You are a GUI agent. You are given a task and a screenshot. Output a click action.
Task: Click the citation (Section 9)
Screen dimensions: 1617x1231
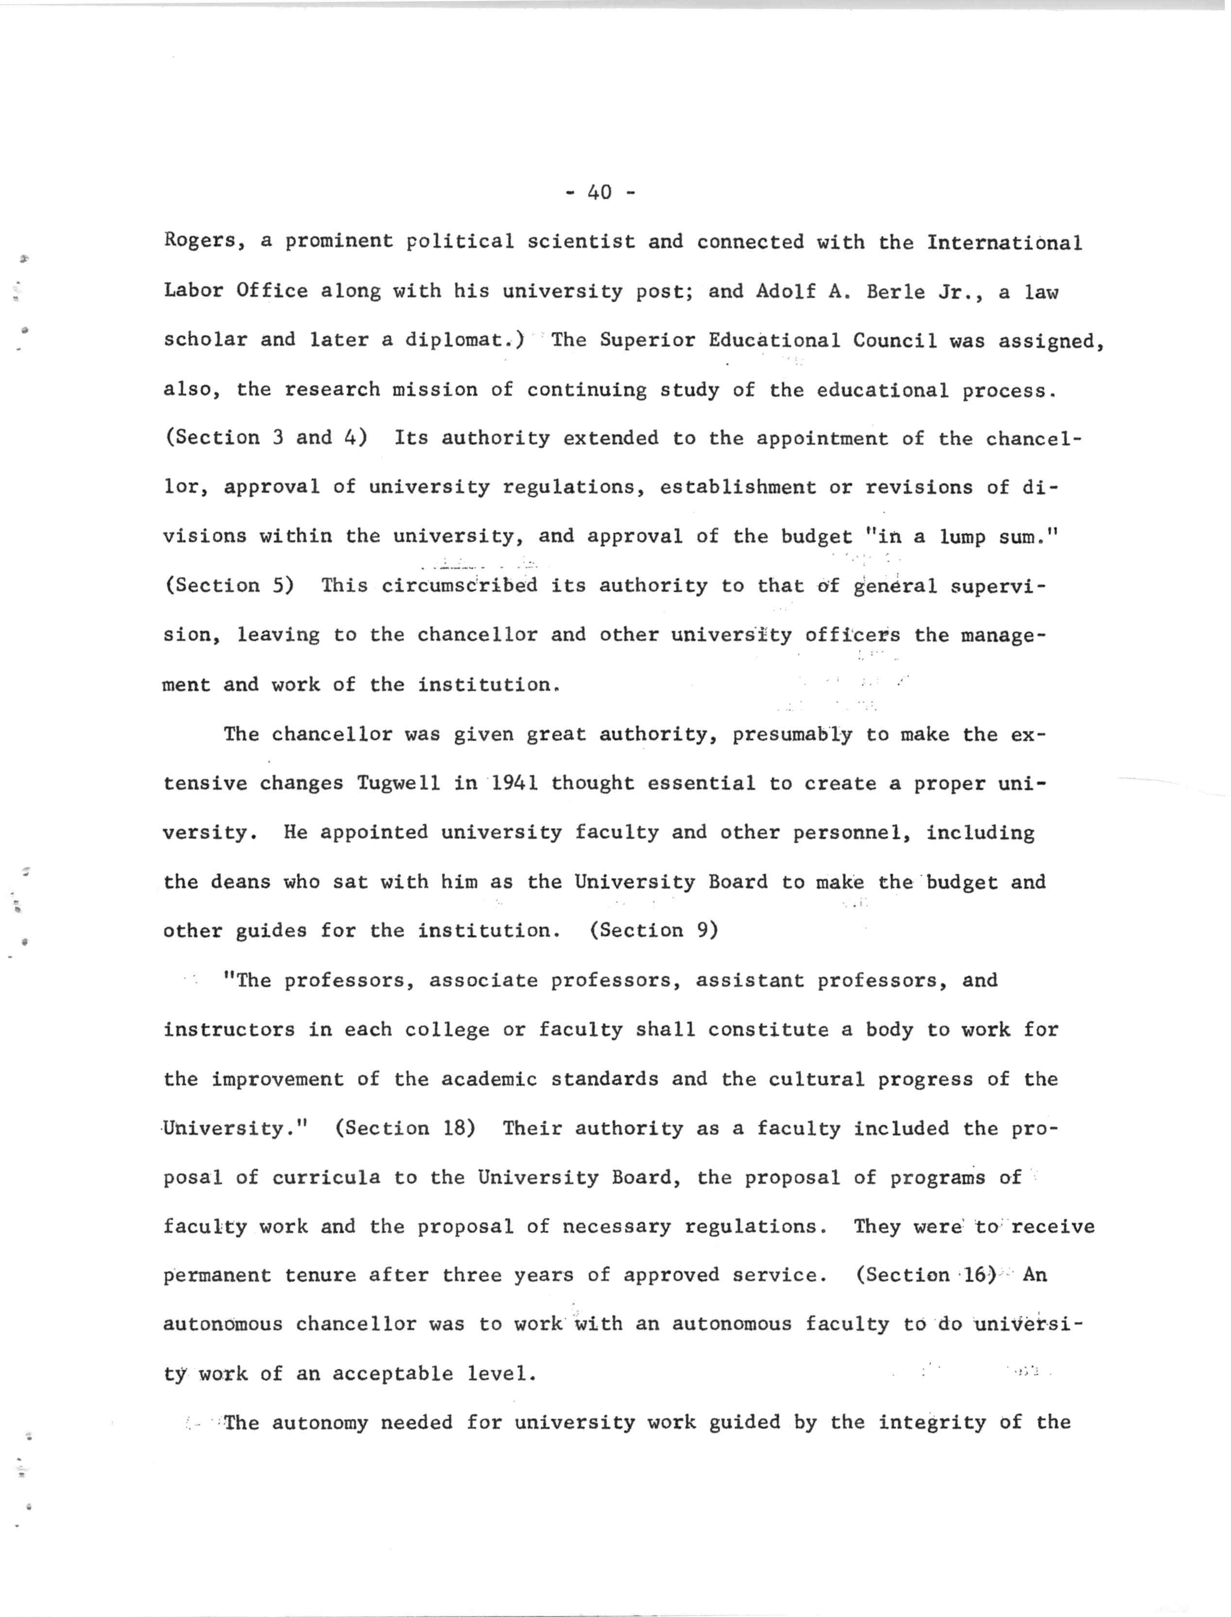653,931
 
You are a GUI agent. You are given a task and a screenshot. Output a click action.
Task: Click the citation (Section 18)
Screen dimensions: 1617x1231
405,1128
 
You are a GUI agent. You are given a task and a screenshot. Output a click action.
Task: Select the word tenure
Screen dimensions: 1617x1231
320,1276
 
